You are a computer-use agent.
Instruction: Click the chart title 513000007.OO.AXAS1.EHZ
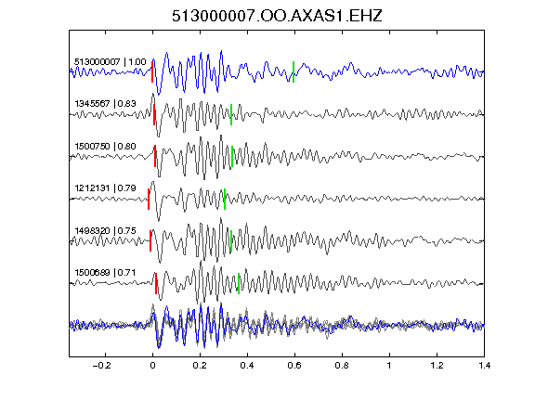tap(277, 16)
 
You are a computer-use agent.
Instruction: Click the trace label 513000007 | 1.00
tap(111, 61)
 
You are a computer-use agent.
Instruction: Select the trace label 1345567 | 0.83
tap(106, 103)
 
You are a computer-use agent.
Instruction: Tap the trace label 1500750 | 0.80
tap(106, 146)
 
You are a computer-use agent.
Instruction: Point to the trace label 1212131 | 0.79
tap(106, 188)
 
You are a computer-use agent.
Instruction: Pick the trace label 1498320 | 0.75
tap(106, 230)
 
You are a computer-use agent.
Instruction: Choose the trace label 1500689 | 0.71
tap(106, 273)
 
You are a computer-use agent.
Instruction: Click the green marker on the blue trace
tap(294, 72)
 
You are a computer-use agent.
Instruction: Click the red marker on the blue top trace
tap(152, 72)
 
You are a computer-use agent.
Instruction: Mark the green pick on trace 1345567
tap(231, 114)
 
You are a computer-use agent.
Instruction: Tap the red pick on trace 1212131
tap(149, 199)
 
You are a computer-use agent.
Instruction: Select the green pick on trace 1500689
tap(239, 283)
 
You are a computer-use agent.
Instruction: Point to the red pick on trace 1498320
tap(150, 241)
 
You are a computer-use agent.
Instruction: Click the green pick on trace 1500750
tap(232, 157)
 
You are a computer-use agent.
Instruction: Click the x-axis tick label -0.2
tap(101, 366)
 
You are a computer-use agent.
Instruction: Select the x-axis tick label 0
tap(152, 366)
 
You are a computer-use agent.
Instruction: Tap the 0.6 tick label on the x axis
tap(294, 366)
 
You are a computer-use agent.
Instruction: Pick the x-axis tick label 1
tap(389, 366)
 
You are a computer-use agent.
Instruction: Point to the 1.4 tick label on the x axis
tap(485, 366)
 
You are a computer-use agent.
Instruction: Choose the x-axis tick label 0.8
tap(342, 366)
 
